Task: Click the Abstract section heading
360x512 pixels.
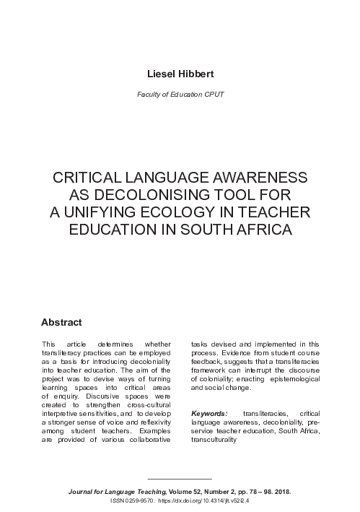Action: (61, 321)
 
